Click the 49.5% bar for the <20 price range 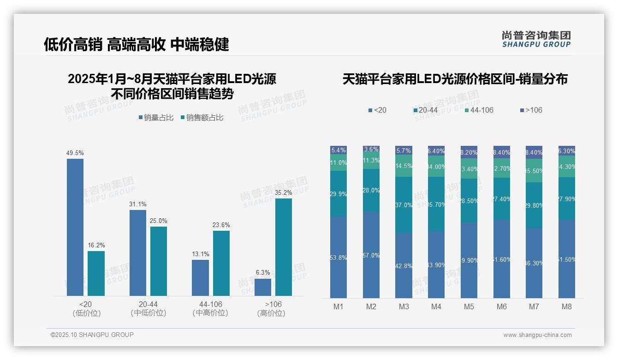(x=75, y=227)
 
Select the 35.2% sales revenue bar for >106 (x=284, y=247)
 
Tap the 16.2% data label (x=96, y=245)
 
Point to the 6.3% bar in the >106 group (x=263, y=287)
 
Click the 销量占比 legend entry (x=156, y=118)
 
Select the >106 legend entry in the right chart (x=531, y=110)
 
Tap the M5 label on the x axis (x=469, y=306)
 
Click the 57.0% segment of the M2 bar (x=371, y=255)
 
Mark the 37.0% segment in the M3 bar (x=404, y=205)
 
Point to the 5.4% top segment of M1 (x=339, y=150)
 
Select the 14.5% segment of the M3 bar (x=404, y=166)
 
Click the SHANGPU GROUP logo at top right (x=536, y=39)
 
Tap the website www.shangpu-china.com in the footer (x=537, y=335)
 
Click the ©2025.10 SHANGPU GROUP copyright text (x=92, y=335)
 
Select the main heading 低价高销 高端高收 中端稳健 (x=136, y=44)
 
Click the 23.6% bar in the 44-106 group (x=221, y=263)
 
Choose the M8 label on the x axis (x=567, y=306)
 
